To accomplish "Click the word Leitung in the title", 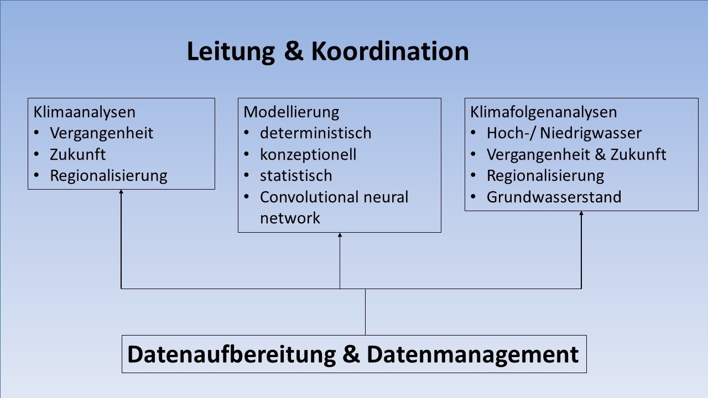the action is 231,51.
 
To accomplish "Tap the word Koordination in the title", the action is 390,51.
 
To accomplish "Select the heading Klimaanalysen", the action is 85,112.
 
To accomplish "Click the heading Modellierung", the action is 291,112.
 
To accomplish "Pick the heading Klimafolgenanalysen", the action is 544,112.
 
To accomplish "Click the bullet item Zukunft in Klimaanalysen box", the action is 78,154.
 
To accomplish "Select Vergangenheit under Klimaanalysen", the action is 101,133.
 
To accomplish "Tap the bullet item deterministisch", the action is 316,133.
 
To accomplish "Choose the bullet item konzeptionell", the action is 308,155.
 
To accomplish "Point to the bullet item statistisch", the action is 296,176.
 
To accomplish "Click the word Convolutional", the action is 309,197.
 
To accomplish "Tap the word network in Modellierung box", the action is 290,218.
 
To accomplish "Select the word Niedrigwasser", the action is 591,133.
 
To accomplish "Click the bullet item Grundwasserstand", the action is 554,197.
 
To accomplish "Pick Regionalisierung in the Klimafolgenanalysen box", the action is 545,176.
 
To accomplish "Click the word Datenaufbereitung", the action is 232,355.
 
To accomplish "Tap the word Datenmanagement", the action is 473,355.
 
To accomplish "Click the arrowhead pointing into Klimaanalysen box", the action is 121,192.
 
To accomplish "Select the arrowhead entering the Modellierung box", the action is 340,235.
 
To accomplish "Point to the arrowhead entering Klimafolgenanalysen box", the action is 581,213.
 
